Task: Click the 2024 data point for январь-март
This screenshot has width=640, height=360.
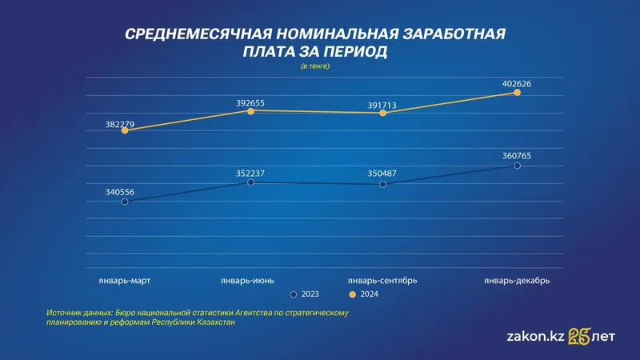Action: pyautogui.click(x=125, y=130)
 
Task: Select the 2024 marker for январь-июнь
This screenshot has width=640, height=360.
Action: pyautogui.click(x=250, y=111)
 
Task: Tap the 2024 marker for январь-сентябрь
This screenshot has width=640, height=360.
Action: pyautogui.click(x=383, y=114)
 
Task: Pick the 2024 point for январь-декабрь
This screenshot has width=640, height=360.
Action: pyautogui.click(x=517, y=93)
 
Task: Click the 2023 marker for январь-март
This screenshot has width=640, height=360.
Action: pyautogui.click(x=125, y=202)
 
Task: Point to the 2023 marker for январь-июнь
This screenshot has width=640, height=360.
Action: pyautogui.click(x=250, y=182)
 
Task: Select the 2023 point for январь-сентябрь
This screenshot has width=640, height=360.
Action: pyautogui.click(x=383, y=184)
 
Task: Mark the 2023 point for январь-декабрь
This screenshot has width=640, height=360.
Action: pyautogui.click(x=517, y=166)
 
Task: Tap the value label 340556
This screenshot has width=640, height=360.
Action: pyautogui.click(x=121, y=191)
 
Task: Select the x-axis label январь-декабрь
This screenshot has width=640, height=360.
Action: pyautogui.click(x=517, y=280)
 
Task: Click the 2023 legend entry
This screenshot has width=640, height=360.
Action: pyautogui.click(x=305, y=294)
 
